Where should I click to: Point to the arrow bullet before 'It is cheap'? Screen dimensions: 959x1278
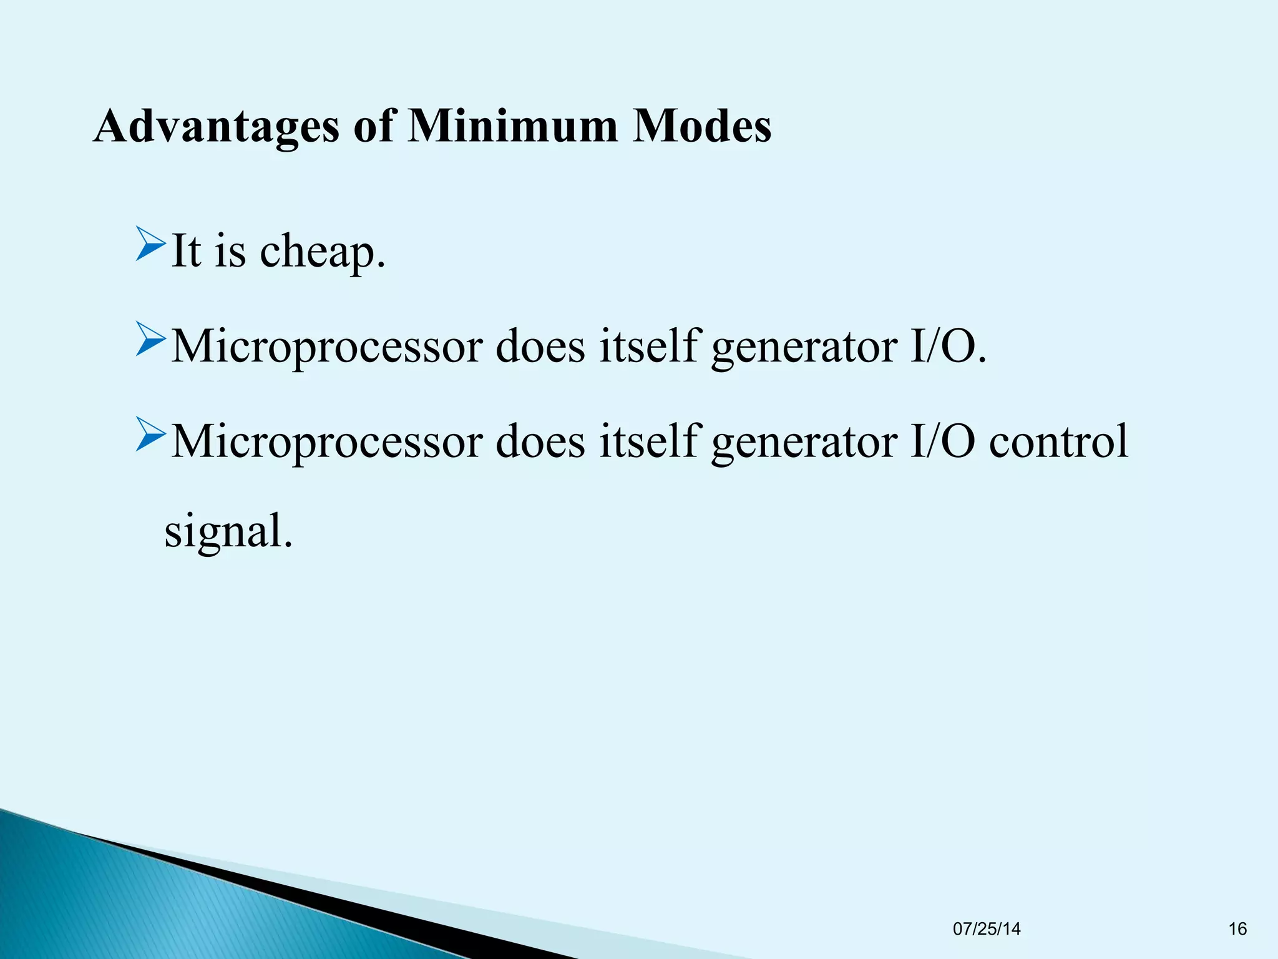(x=150, y=245)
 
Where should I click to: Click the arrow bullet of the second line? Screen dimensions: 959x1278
(x=150, y=340)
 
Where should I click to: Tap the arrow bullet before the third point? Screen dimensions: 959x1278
(x=150, y=435)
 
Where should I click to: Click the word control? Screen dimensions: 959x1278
(x=1058, y=441)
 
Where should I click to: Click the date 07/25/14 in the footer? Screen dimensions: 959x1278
(x=987, y=929)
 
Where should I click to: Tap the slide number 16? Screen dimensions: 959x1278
(x=1237, y=929)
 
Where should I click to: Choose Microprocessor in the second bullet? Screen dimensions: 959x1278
(x=326, y=347)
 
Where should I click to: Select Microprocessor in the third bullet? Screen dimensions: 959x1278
(x=326, y=441)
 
